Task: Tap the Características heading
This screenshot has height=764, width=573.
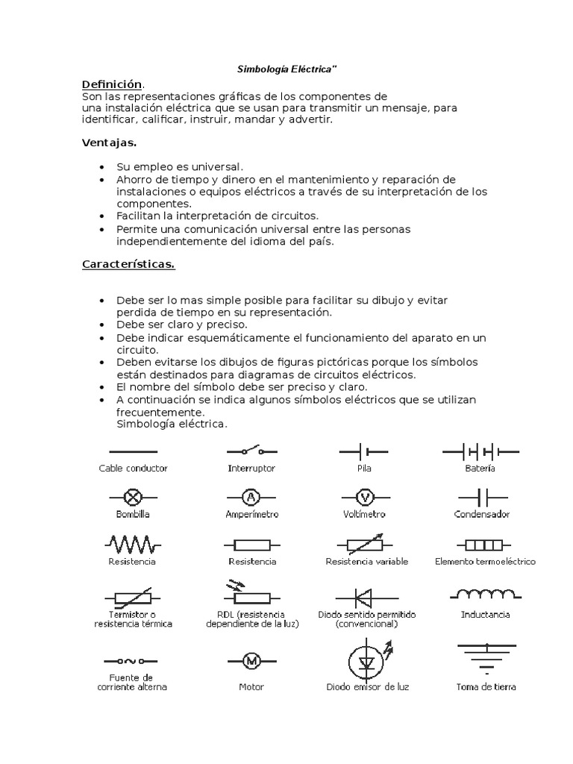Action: (128, 265)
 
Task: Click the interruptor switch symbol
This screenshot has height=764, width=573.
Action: (251, 451)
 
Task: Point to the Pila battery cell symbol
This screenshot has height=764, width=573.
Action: (363, 451)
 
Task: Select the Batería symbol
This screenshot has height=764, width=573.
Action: (480, 451)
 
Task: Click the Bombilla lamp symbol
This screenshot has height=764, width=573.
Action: (133, 497)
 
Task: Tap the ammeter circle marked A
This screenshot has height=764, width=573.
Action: (251, 497)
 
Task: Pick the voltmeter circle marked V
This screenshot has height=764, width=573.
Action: (364, 497)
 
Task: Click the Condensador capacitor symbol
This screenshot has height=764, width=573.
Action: (481, 497)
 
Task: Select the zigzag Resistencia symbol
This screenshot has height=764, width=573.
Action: (132, 542)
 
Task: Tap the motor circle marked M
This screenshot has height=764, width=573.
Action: (251, 660)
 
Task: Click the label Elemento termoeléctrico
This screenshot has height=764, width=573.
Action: (485, 561)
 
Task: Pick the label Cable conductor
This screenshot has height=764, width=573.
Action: (133, 469)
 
